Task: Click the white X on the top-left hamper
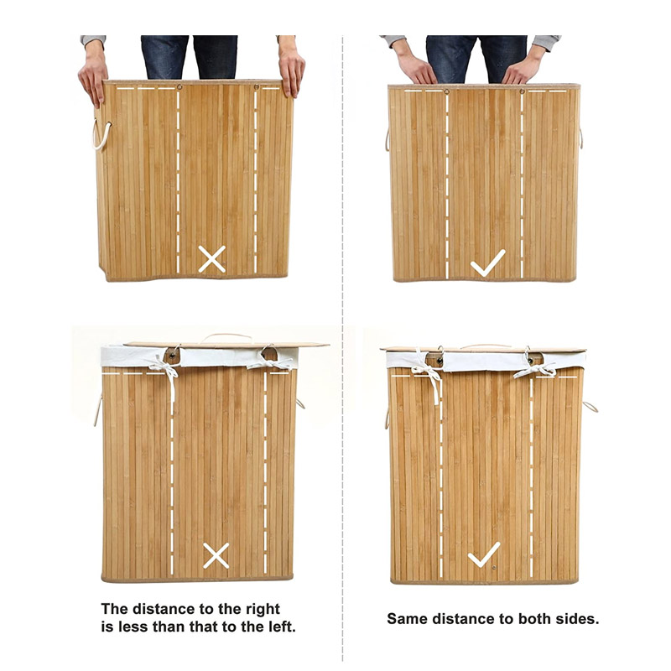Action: click(x=212, y=259)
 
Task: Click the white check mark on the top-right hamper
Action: click(x=487, y=263)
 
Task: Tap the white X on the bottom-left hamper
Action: click(x=216, y=555)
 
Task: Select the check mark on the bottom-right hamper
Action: click(x=484, y=554)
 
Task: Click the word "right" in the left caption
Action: click(x=263, y=609)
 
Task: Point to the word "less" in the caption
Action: click(x=133, y=627)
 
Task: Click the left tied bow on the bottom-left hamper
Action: click(x=164, y=370)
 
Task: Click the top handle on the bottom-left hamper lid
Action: click(x=226, y=338)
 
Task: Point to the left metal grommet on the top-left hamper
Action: click(x=179, y=87)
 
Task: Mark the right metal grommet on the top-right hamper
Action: click(x=522, y=91)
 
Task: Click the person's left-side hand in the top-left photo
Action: click(x=92, y=78)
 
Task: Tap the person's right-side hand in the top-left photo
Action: click(x=291, y=72)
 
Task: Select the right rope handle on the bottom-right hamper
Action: click(x=590, y=407)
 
